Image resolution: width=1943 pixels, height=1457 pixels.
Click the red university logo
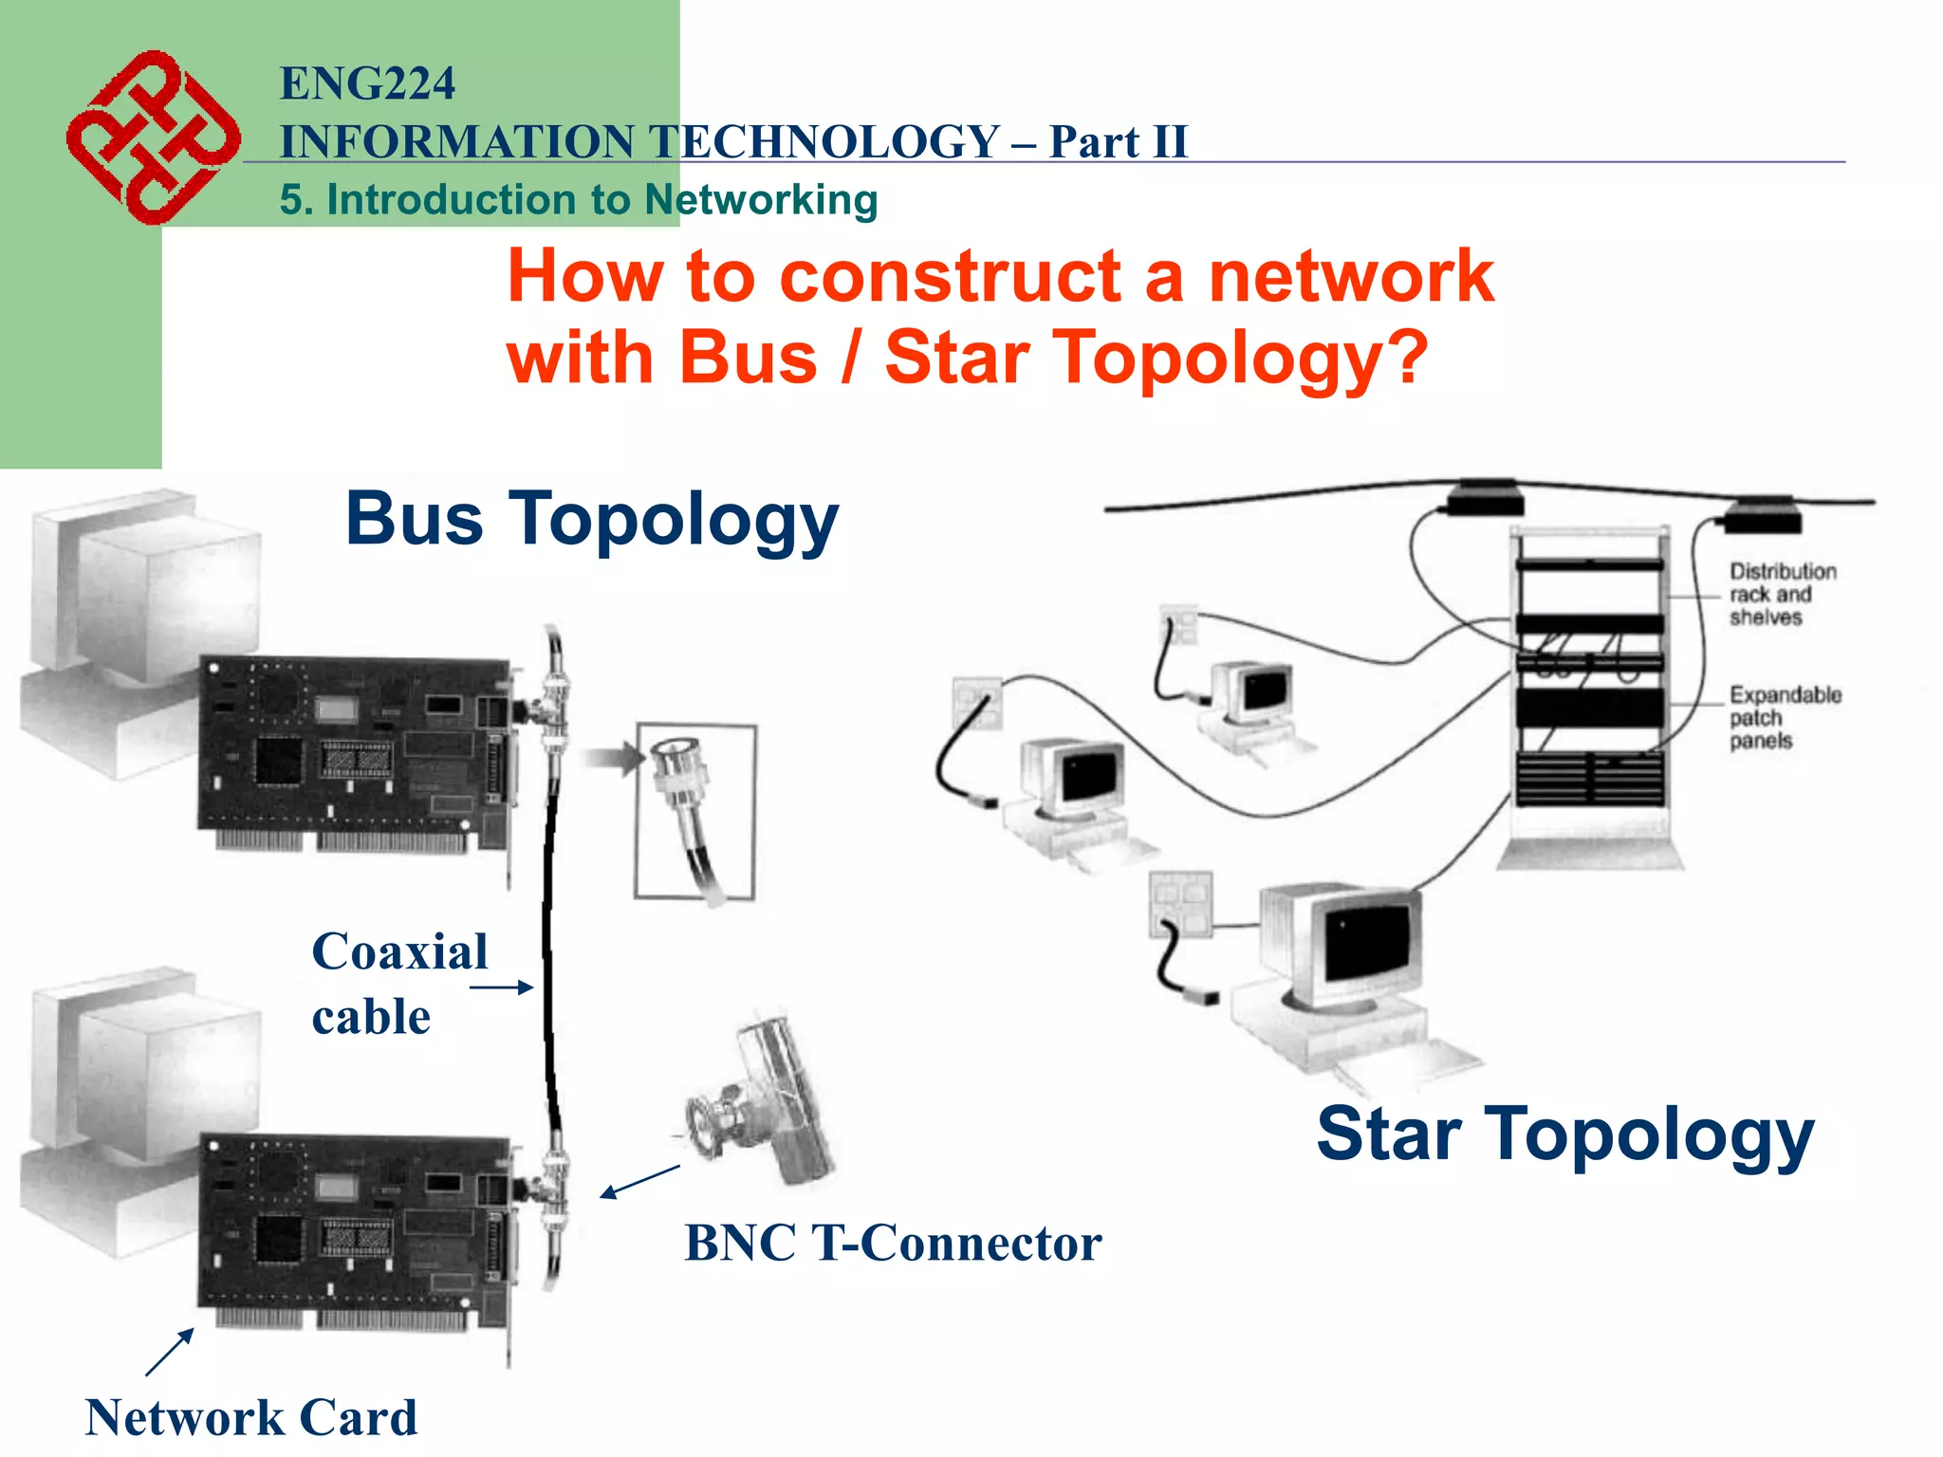point(152,138)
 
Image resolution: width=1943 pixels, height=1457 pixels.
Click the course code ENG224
point(367,83)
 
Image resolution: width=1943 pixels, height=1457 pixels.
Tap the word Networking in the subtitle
point(761,200)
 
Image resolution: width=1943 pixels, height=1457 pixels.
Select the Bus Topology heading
point(592,520)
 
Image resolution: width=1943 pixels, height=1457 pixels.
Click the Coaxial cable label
point(398,983)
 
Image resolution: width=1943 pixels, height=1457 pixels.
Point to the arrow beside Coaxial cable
point(502,987)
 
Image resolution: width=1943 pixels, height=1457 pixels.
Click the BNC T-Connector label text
point(893,1243)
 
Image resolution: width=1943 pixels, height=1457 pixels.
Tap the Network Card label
point(250,1418)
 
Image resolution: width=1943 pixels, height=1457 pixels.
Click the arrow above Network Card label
point(170,1352)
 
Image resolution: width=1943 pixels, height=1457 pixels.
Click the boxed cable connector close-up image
point(695,811)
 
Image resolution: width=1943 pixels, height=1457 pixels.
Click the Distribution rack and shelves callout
point(1781,595)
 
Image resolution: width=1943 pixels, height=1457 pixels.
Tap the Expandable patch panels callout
point(1783,718)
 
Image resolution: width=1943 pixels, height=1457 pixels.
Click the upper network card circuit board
point(356,749)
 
